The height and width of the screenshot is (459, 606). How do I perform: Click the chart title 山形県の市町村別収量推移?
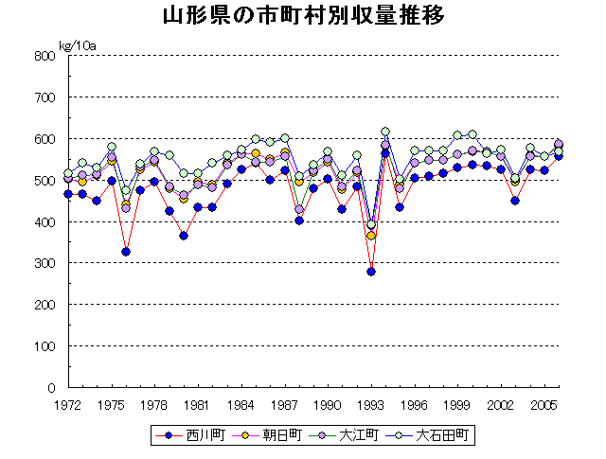click(303, 17)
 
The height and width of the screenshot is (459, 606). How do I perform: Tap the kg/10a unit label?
click(78, 44)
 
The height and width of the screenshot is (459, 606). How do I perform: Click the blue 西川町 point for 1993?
click(371, 272)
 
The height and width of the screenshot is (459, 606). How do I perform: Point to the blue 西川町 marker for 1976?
click(126, 252)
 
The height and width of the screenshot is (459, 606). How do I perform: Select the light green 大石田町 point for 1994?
click(385, 132)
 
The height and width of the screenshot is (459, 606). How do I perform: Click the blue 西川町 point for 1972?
click(68, 194)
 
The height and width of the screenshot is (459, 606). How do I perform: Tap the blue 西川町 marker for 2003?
click(515, 201)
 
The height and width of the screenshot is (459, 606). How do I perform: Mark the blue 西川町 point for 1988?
click(299, 221)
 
